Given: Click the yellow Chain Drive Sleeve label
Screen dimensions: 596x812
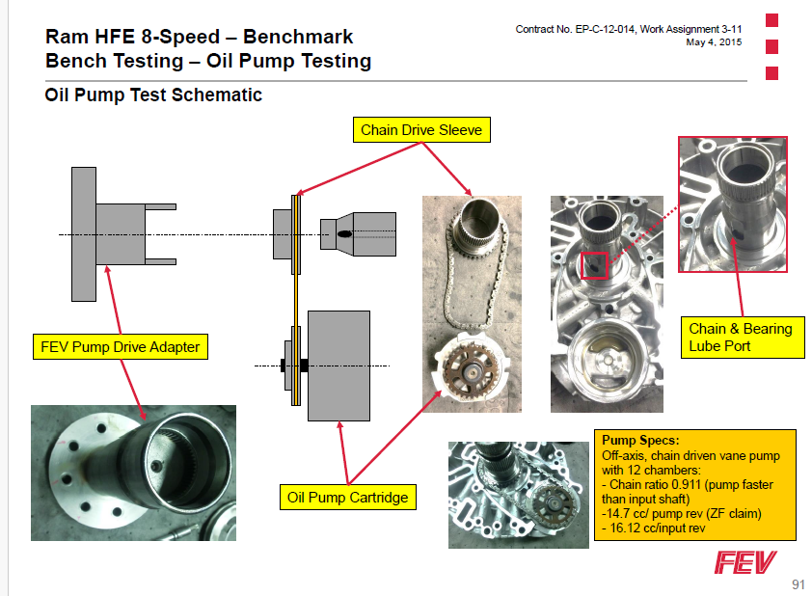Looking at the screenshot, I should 420,130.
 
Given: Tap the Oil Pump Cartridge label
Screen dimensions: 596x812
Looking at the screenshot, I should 348,498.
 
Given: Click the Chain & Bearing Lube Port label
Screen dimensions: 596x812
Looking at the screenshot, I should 741,338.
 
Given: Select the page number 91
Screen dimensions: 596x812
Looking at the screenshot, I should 797,584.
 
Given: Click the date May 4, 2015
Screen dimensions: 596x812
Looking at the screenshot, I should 714,42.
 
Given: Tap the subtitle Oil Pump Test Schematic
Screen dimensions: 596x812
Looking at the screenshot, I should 153,95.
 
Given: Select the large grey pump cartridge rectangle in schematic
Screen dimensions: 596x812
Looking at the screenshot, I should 338,365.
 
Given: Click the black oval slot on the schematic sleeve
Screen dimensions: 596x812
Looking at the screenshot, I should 344,233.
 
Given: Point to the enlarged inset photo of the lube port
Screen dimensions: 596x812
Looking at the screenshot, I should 733,206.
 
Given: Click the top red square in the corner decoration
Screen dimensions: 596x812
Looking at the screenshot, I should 771,19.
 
